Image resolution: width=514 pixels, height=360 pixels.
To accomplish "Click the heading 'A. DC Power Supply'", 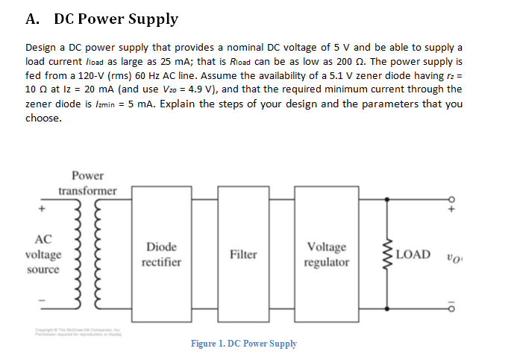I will (102, 19).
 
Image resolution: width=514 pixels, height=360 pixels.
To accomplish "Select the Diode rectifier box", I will (161, 254).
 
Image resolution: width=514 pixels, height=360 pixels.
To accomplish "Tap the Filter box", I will (243, 254).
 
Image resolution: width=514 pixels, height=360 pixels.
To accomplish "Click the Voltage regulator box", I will (327, 254).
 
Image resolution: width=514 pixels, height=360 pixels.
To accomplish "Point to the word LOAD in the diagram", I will (413, 254).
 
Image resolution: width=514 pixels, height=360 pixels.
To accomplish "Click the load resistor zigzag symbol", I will (386, 254).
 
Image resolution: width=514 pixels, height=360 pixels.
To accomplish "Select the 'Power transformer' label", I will (88, 183).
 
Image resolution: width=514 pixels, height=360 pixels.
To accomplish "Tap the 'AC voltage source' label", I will (43, 254).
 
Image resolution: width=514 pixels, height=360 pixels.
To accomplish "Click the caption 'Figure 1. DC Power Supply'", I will (243, 344).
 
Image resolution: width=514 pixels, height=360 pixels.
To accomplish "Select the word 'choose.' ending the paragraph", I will (43, 118).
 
